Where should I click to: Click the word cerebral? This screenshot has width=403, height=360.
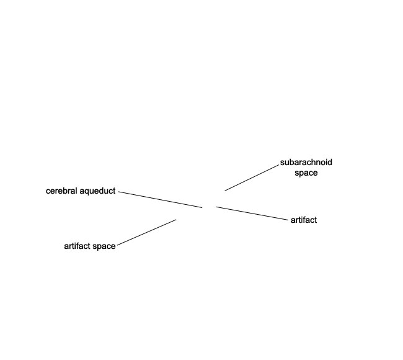point(61,191)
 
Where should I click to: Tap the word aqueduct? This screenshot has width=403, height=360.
point(98,191)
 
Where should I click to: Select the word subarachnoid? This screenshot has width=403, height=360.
point(306,163)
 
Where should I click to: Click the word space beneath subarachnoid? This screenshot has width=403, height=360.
point(306,173)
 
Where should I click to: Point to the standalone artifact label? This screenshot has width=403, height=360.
point(304,220)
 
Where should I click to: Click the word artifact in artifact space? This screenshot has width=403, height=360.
point(77,246)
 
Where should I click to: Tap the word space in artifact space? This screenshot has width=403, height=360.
point(104,247)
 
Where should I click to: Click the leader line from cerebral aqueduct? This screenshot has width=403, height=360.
point(161,199)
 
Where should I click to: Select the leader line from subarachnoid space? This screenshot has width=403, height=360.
point(252,178)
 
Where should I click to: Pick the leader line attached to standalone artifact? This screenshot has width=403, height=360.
point(252,214)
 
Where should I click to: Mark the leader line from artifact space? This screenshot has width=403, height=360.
point(147,232)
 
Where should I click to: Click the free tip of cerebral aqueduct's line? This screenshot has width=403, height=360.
point(202,207)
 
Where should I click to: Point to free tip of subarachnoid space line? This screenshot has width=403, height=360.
point(225,191)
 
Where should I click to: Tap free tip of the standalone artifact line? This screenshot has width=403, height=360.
point(216,207)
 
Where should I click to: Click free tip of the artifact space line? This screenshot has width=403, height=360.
point(176,220)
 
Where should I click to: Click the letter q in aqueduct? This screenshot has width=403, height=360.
point(86,192)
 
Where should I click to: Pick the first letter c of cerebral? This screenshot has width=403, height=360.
point(48,192)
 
